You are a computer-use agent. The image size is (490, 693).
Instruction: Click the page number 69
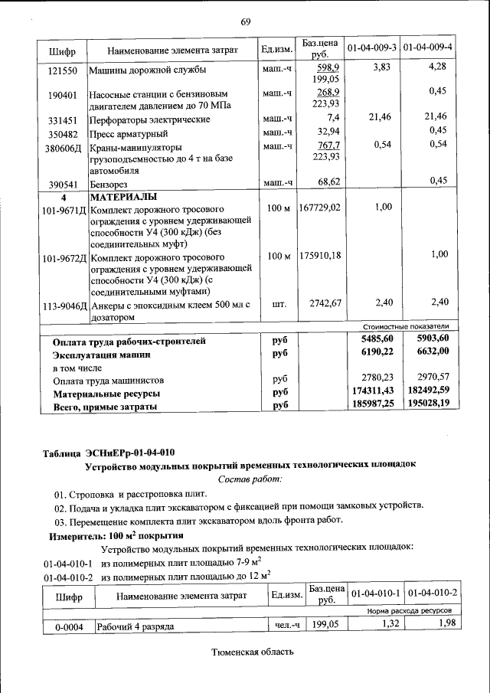pos(246,21)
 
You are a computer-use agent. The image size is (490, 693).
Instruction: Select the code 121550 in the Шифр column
pos(61,70)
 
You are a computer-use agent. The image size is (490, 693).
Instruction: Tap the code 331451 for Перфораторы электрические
pos(61,120)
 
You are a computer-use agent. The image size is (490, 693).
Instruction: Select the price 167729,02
pos(321,208)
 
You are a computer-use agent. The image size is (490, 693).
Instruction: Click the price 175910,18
pos(321,255)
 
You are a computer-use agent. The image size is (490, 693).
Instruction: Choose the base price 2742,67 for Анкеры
pos(325,303)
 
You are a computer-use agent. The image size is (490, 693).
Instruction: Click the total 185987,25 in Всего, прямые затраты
pos(373,403)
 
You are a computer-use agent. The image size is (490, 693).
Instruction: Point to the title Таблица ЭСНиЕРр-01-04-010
pos(109,452)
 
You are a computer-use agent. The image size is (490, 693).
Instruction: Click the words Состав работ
pos(250,479)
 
